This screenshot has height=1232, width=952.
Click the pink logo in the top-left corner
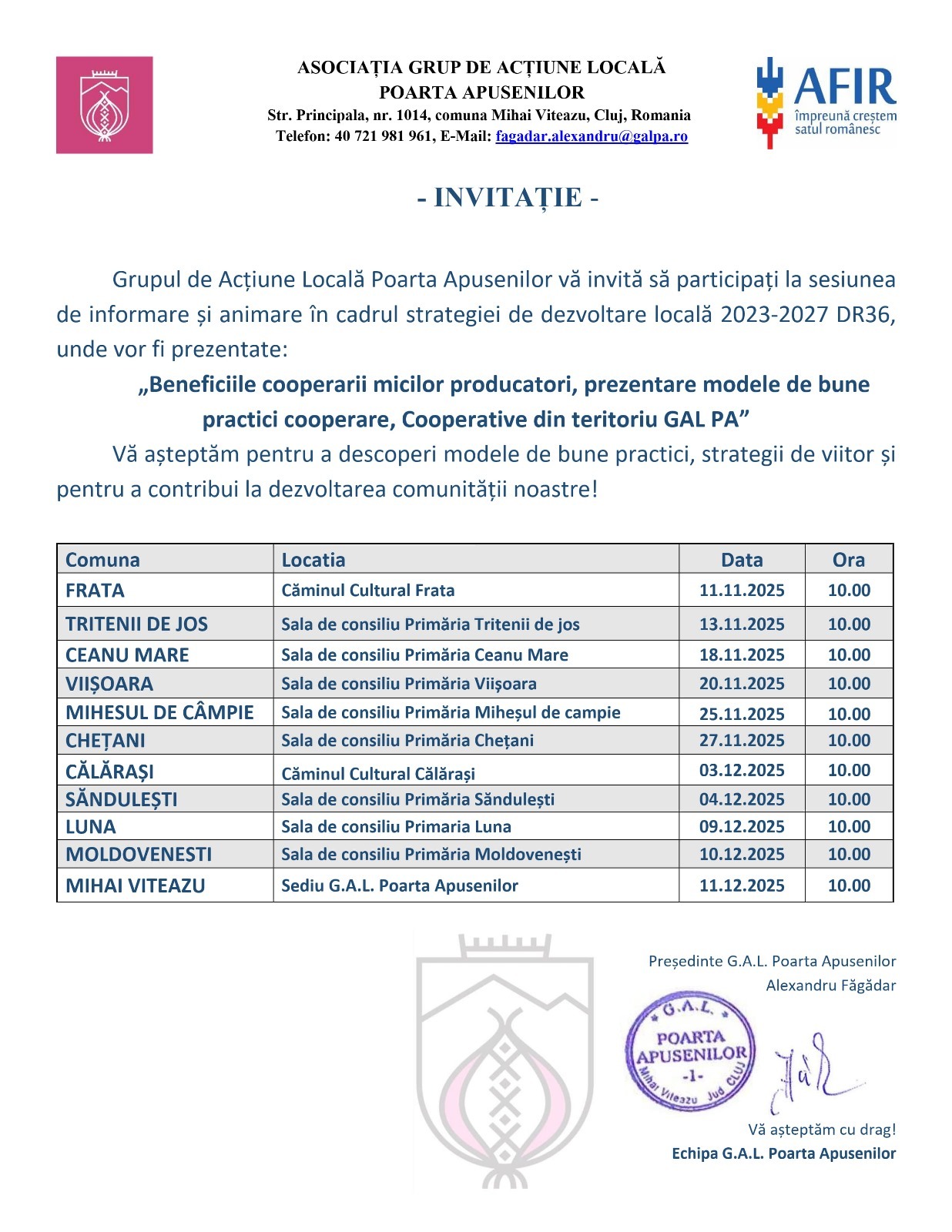[x=104, y=105]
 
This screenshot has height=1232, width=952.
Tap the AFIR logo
[x=826, y=102]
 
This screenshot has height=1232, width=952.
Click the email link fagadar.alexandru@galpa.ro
[x=591, y=136]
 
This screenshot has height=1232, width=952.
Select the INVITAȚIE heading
[x=508, y=198]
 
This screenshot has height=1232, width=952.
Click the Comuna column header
[x=102, y=560]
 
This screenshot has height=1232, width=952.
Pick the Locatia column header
[x=313, y=560]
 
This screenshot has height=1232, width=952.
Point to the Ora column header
[x=848, y=560]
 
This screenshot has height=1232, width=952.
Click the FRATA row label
[x=95, y=591]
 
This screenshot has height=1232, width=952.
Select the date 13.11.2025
[x=741, y=624]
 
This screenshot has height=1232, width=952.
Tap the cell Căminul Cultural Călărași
[x=378, y=773]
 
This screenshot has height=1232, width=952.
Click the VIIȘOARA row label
[x=109, y=684]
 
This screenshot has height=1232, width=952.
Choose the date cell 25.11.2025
[x=741, y=714]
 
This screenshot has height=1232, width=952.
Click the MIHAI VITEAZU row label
[x=136, y=885]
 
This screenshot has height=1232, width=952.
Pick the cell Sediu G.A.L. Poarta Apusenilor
[x=400, y=885]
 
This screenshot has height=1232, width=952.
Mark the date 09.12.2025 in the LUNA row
[x=741, y=826]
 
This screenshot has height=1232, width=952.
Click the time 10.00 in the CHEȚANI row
[x=849, y=741]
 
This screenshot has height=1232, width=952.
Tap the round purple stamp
[x=690, y=1050]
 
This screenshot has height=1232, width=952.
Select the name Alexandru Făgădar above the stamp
[x=830, y=985]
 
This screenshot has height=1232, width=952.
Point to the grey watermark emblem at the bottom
[x=504, y=1063]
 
